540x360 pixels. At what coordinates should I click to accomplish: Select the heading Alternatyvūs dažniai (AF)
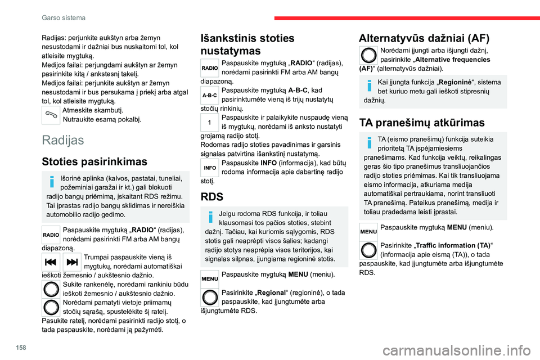(x=424, y=38)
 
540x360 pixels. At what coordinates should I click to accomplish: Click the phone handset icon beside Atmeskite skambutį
(x=51, y=115)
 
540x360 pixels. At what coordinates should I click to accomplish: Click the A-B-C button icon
(x=209, y=96)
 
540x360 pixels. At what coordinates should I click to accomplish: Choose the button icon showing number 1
(x=209, y=122)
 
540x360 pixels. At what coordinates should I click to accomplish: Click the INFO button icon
(x=209, y=167)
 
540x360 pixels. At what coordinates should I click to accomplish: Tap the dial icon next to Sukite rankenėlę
(x=51, y=289)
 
